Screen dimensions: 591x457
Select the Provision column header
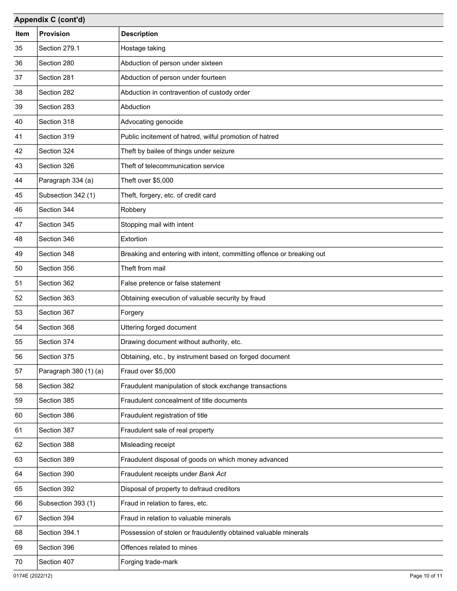pos(54,34)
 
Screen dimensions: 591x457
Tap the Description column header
pos(140,34)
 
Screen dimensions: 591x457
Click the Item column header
pos(22,34)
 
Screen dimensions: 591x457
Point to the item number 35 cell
pos(19,48)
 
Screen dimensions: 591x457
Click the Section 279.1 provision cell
pos(59,48)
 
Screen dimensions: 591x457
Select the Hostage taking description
pos(143,48)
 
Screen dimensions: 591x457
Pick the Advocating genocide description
pos(152,122)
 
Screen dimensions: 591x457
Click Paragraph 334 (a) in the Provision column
pos(63,180)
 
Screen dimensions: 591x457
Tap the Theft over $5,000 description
pos(147,180)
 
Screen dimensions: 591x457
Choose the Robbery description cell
pos(133,209)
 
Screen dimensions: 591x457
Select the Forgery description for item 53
pos(132,312)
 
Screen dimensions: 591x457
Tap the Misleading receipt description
pos(148,444)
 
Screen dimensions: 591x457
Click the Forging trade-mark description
pos(149,562)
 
